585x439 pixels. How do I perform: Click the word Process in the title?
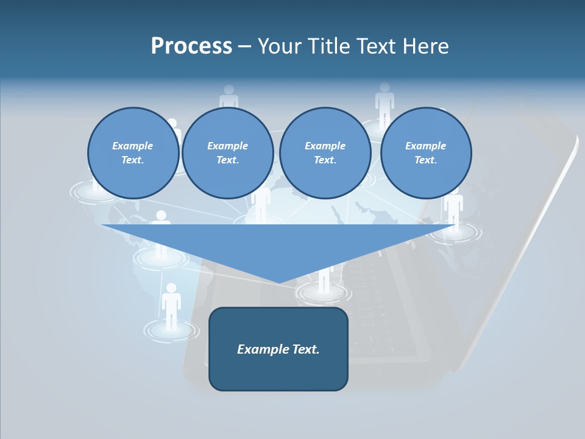pos(191,46)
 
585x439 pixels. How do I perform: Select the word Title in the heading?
pos(330,46)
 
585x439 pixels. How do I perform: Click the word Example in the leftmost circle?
pos(133,146)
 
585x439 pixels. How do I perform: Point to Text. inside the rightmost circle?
pos(426,160)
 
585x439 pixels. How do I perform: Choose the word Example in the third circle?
pos(325,146)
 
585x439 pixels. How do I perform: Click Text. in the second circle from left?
pos(228,160)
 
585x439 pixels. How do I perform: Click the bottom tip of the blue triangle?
pos(279,282)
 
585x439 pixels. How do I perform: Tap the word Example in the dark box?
pos(261,349)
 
